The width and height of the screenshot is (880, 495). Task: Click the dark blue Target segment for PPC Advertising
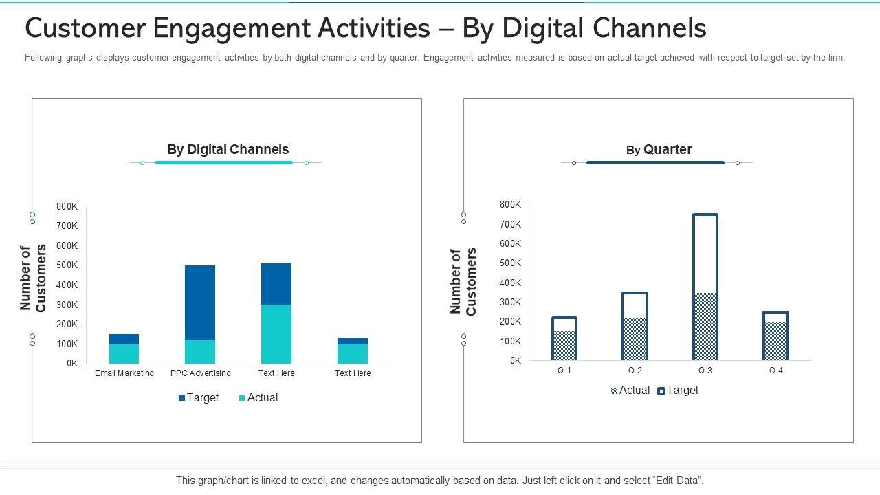(x=199, y=302)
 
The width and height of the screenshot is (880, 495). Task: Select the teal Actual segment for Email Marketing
(x=124, y=353)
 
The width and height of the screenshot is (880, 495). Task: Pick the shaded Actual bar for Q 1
(x=564, y=345)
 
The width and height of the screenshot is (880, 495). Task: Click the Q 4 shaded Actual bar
(x=775, y=340)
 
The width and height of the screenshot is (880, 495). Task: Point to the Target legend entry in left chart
(x=199, y=397)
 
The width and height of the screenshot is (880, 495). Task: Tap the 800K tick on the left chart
(x=67, y=206)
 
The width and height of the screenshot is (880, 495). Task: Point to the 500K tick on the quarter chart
(x=511, y=263)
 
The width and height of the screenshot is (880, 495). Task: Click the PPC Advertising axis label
(x=200, y=373)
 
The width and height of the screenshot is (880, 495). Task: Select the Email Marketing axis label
(x=124, y=373)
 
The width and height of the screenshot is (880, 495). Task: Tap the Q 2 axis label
(x=635, y=371)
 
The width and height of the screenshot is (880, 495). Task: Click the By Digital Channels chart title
(x=228, y=149)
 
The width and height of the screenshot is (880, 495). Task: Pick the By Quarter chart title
(x=659, y=149)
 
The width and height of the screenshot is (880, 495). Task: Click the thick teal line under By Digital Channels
(x=223, y=162)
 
